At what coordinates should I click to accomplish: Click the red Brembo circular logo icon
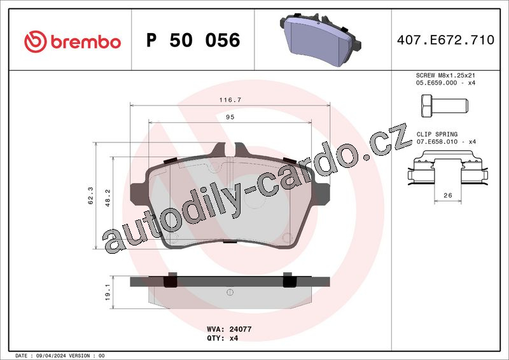point(36,41)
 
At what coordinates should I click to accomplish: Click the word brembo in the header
point(86,42)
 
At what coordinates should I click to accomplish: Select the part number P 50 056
point(193,40)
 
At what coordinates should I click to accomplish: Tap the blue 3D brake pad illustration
point(320,39)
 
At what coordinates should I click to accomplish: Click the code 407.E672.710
point(445,40)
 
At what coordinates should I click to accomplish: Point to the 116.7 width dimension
point(230,100)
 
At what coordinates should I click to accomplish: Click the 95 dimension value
point(230,117)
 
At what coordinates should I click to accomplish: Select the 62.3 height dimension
point(90,195)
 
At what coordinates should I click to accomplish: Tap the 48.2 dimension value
point(108,198)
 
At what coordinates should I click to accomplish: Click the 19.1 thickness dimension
point(108,292)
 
